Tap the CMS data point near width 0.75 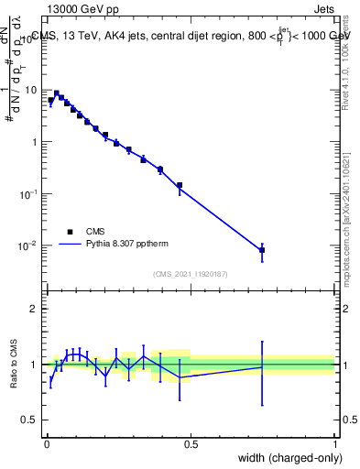(x=262, y=249)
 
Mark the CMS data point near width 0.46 (x=180, y=185)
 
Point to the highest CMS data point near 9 (x=57, y=93)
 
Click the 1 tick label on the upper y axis (x=34, y=142)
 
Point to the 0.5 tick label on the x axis (x=191, y=444)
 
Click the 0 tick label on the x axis (x=47, y=444)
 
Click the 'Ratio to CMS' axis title (x=15, y=364)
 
